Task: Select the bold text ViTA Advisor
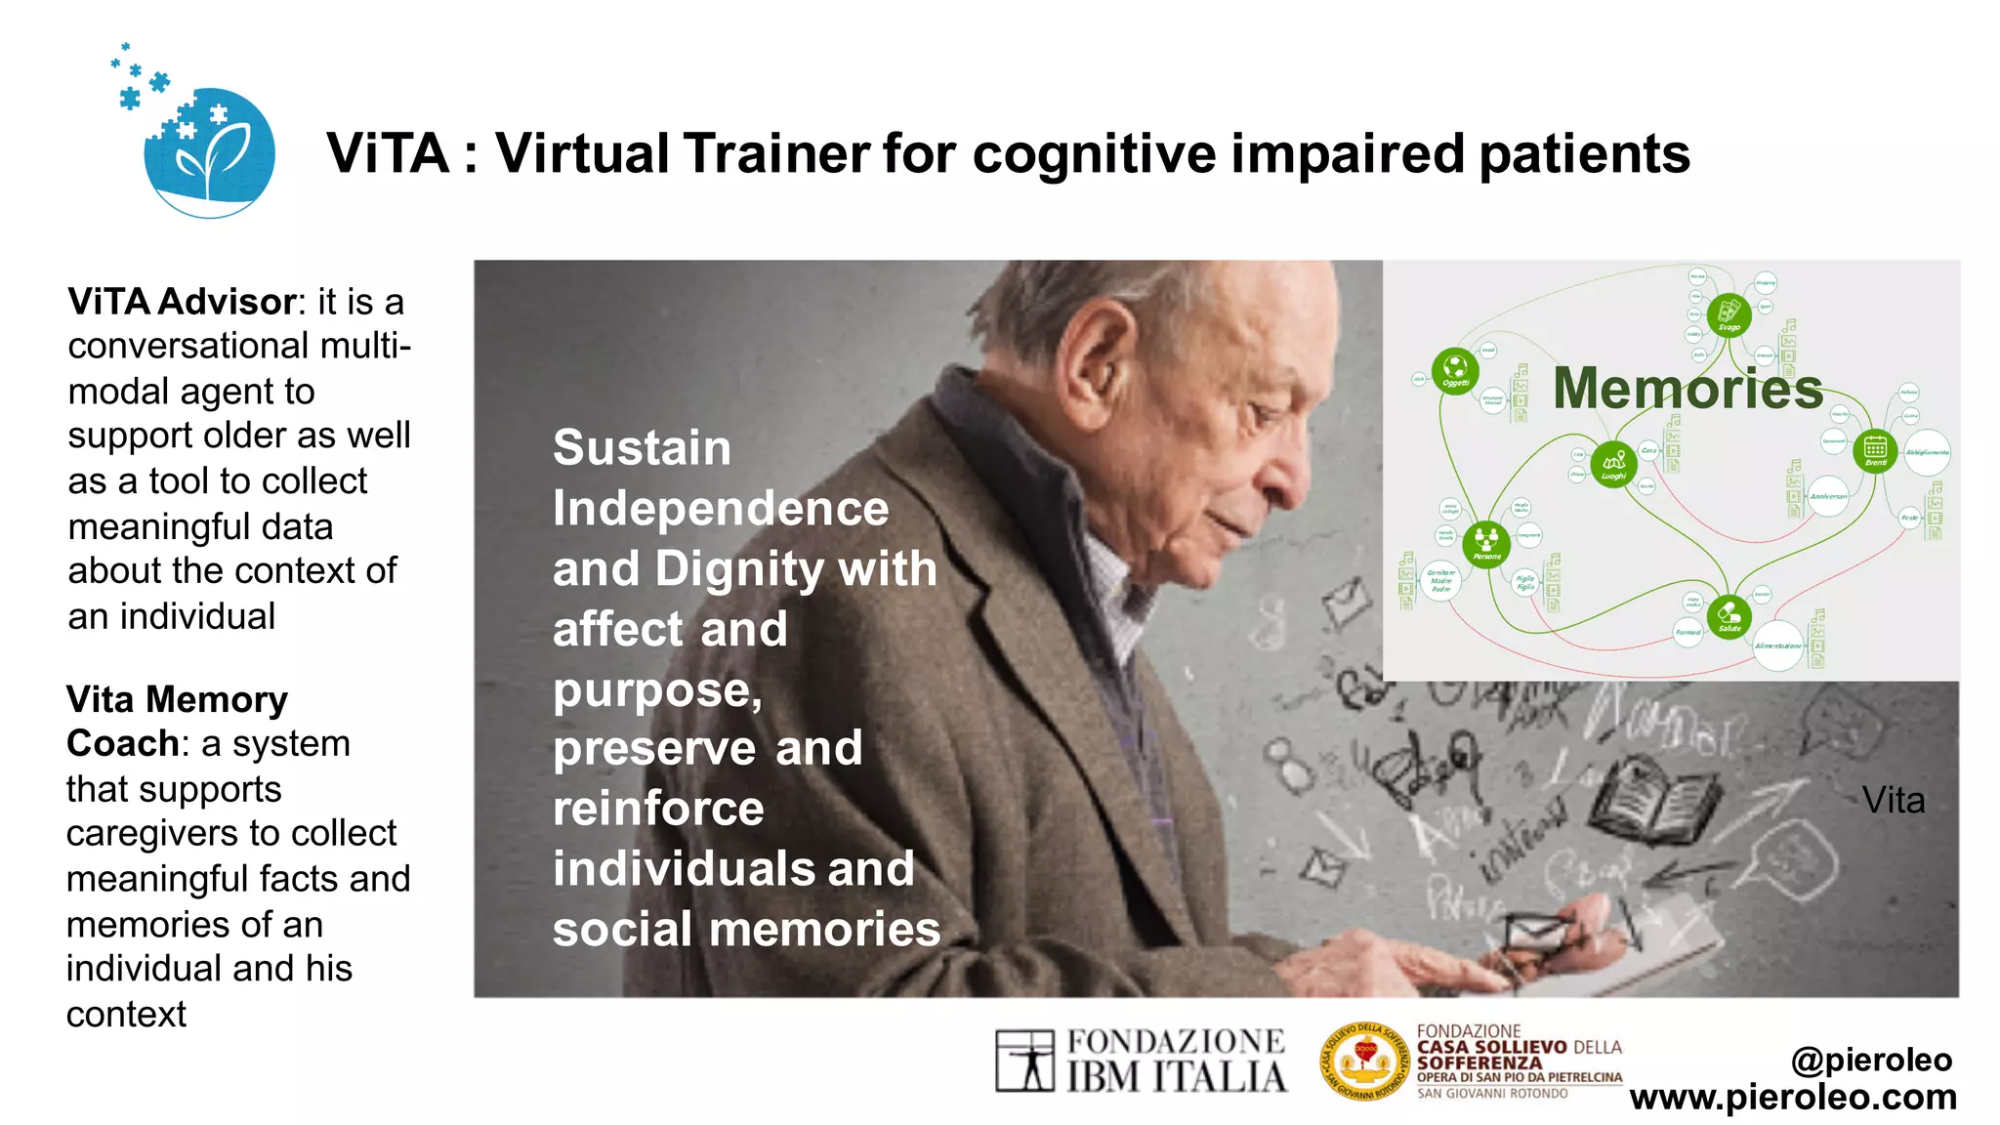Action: pyautogui.click(x=182, y=302)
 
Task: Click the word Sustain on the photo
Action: pyautogui.click(x=642, y=448)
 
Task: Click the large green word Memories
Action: pyautogui.click(x=1687, y=388)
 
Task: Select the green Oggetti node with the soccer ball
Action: pyautogui.click(x=1455, y=370)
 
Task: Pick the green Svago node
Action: pyautogui.click(x=1729, y=314)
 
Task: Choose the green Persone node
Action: pyautogui.click(x=1486, y=543)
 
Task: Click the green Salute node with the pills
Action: pyautogui.click(x=1729, y=616)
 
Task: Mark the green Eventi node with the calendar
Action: pyautogui.click(x=1875, y=450)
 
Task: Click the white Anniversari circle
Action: pyautogui.click(x=1828, y=495)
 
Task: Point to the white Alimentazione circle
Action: pyautogui.click(x=1778, y=645)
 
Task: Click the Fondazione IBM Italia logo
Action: pyautogui.click(x=1141, y=1061)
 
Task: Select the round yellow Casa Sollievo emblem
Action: pyautogui.click(x=1364, y=1061)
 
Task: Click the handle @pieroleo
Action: pyautogui.click(x=1871, y=1059)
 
